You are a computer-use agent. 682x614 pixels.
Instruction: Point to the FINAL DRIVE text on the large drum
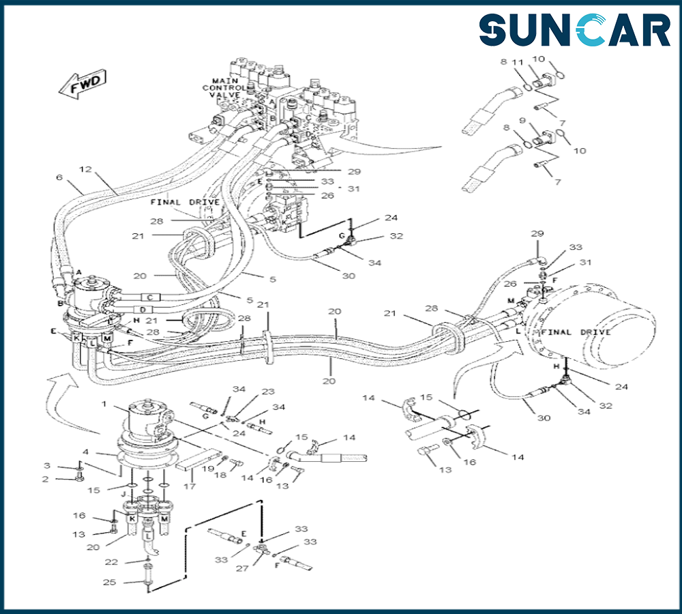pos(576,332)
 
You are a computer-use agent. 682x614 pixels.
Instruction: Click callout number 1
pos(104,404)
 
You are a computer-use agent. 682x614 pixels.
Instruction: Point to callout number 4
pos(85,451)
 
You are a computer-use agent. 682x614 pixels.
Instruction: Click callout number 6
pos(59,177)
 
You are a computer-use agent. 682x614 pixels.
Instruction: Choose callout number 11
pos(518,61)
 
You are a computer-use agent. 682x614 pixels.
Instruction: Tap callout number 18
pos(221,475)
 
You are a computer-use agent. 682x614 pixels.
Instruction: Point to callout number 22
pos(112,561)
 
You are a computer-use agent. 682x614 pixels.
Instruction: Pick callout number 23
pos(268,392)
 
